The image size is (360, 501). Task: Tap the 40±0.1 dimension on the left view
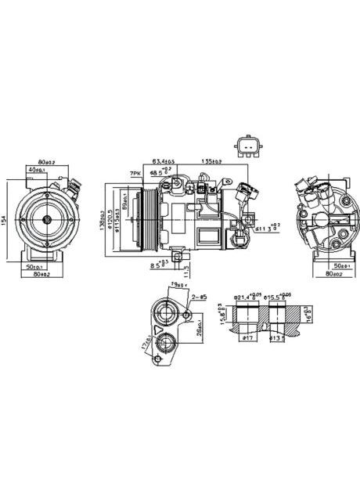point(36,169)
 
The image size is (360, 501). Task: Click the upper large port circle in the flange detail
point(167,314)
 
